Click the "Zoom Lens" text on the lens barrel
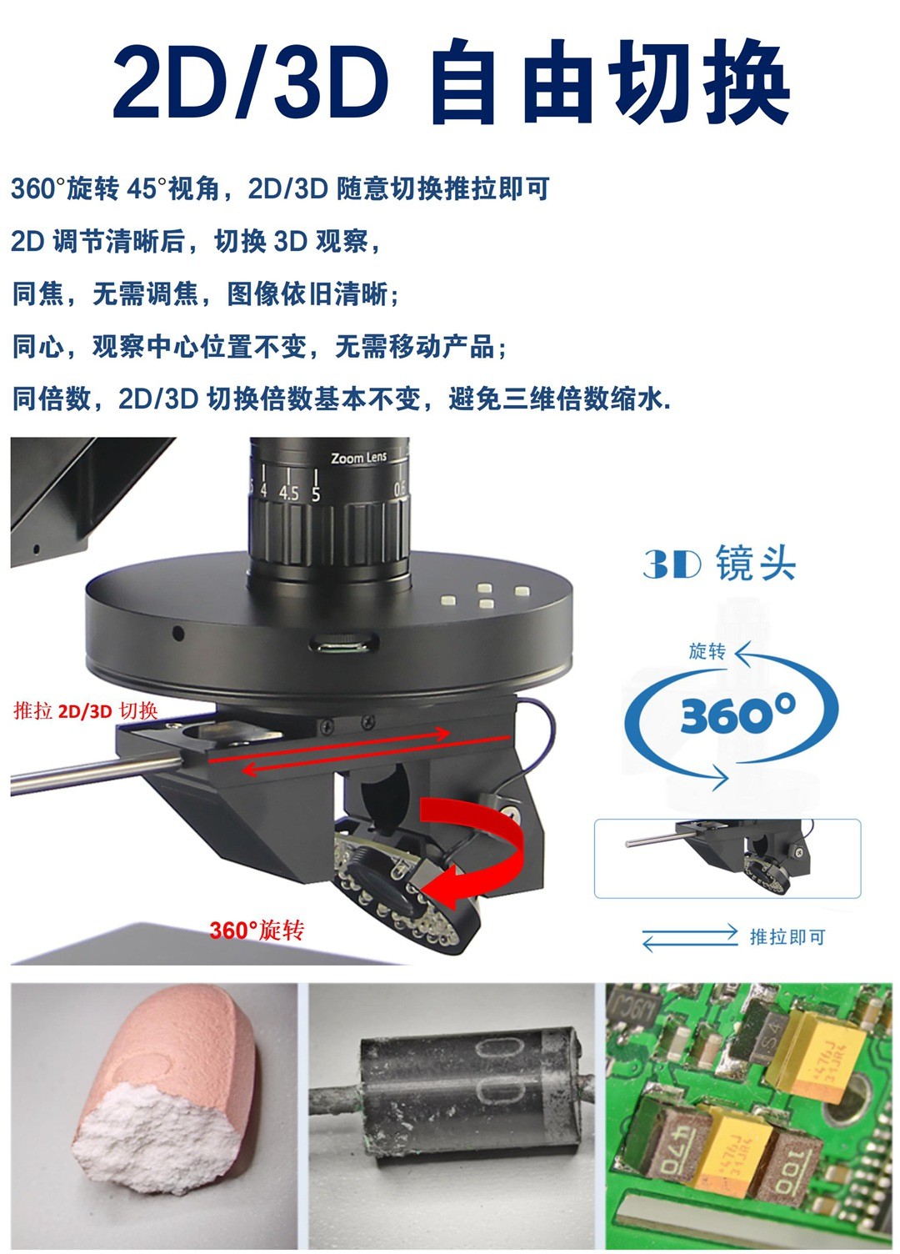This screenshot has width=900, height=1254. pos(358,458)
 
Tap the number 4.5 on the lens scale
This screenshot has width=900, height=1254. pos(288,494)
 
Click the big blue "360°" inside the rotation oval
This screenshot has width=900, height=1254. pos(737,713)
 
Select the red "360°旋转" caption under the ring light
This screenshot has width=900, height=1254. pos(257,930)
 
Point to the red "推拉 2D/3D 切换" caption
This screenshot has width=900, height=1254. pos(86,711)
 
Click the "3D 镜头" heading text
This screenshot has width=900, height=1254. pos(719,563)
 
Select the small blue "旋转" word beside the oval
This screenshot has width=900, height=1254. pos(707,652)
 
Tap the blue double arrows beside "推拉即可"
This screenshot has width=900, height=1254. pos(690,937)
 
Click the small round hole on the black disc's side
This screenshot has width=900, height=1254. pos(178,634)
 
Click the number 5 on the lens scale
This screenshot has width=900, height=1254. pos(316,494)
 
